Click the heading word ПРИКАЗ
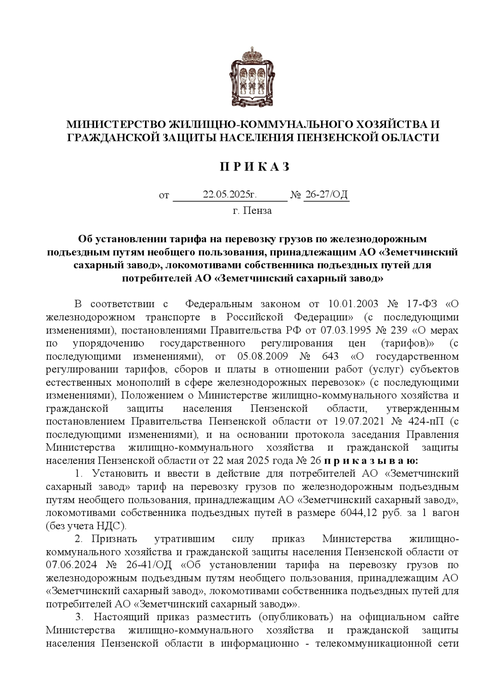(x=255, y=166)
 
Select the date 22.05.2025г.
(x=229, y=195)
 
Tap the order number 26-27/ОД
(x=326, y=195)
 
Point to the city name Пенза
(x=257, y=211)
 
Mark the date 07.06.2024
(x=71, y=565)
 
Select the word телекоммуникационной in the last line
(x=371, y=654)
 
